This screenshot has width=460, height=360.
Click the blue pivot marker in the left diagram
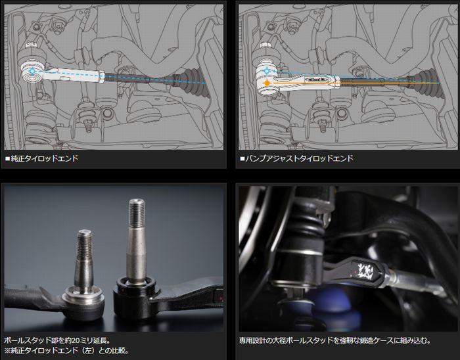(x=32, y=71)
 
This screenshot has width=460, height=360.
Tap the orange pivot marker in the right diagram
(x=267, y=83)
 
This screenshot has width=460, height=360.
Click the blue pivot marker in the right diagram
(x=267, y=71)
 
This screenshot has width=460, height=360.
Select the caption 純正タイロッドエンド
(x=44, y=158)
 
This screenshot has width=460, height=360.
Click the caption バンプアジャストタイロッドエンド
(x=299, y=158)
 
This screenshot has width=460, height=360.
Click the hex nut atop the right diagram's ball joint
(x=265, y=45)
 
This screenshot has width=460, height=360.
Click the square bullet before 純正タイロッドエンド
(x=8, y=159)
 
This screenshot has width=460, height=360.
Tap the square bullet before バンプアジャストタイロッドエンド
(x=242, y=159)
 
